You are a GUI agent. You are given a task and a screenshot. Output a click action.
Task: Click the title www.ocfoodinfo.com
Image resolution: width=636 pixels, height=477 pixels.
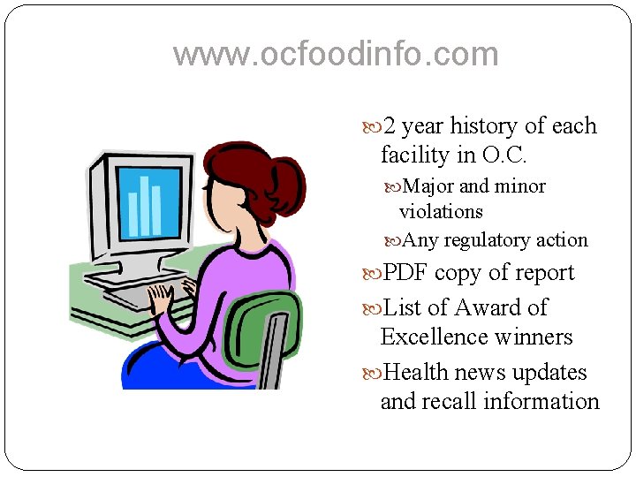pos(336,55)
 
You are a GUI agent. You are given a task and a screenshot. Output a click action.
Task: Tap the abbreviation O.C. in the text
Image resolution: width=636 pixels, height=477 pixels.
pos(504,155)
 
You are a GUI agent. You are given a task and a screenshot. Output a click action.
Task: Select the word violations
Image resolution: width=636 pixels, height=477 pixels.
pos(441,212)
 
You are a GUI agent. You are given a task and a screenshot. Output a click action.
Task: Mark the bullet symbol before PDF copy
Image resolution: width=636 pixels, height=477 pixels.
pos(372,274)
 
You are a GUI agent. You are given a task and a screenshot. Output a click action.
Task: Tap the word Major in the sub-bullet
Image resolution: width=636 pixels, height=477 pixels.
pos(428,186)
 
